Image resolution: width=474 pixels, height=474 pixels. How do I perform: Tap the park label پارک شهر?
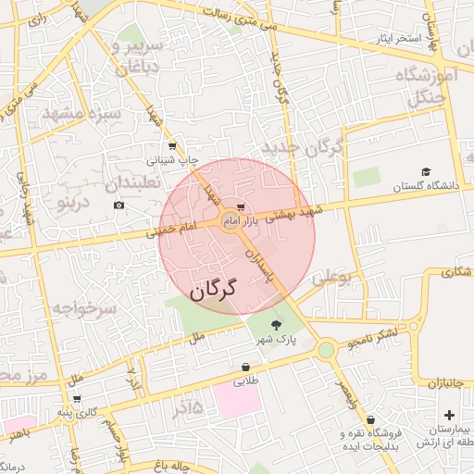tap(278, 341)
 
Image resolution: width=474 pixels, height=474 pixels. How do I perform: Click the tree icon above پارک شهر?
tap(277, 324)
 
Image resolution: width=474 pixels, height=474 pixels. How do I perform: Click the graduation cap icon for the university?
tap(426, 171)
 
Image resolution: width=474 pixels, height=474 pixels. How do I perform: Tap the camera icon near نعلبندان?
tap(118, 205)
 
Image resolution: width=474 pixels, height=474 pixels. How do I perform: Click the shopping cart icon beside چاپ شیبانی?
tap(172, 146)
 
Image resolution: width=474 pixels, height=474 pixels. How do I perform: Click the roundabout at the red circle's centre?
tap(231, 220)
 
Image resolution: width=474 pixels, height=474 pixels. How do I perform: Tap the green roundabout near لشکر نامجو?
tap(325, 349)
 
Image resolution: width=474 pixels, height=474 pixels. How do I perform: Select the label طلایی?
tap(245, 380)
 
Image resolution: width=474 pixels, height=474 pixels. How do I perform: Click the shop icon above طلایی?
tap(245, 367)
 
